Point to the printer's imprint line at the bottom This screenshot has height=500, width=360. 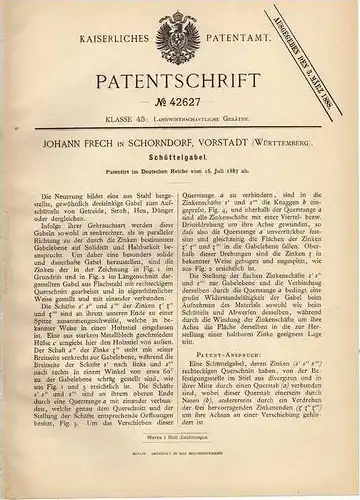(x=180, y=479)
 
